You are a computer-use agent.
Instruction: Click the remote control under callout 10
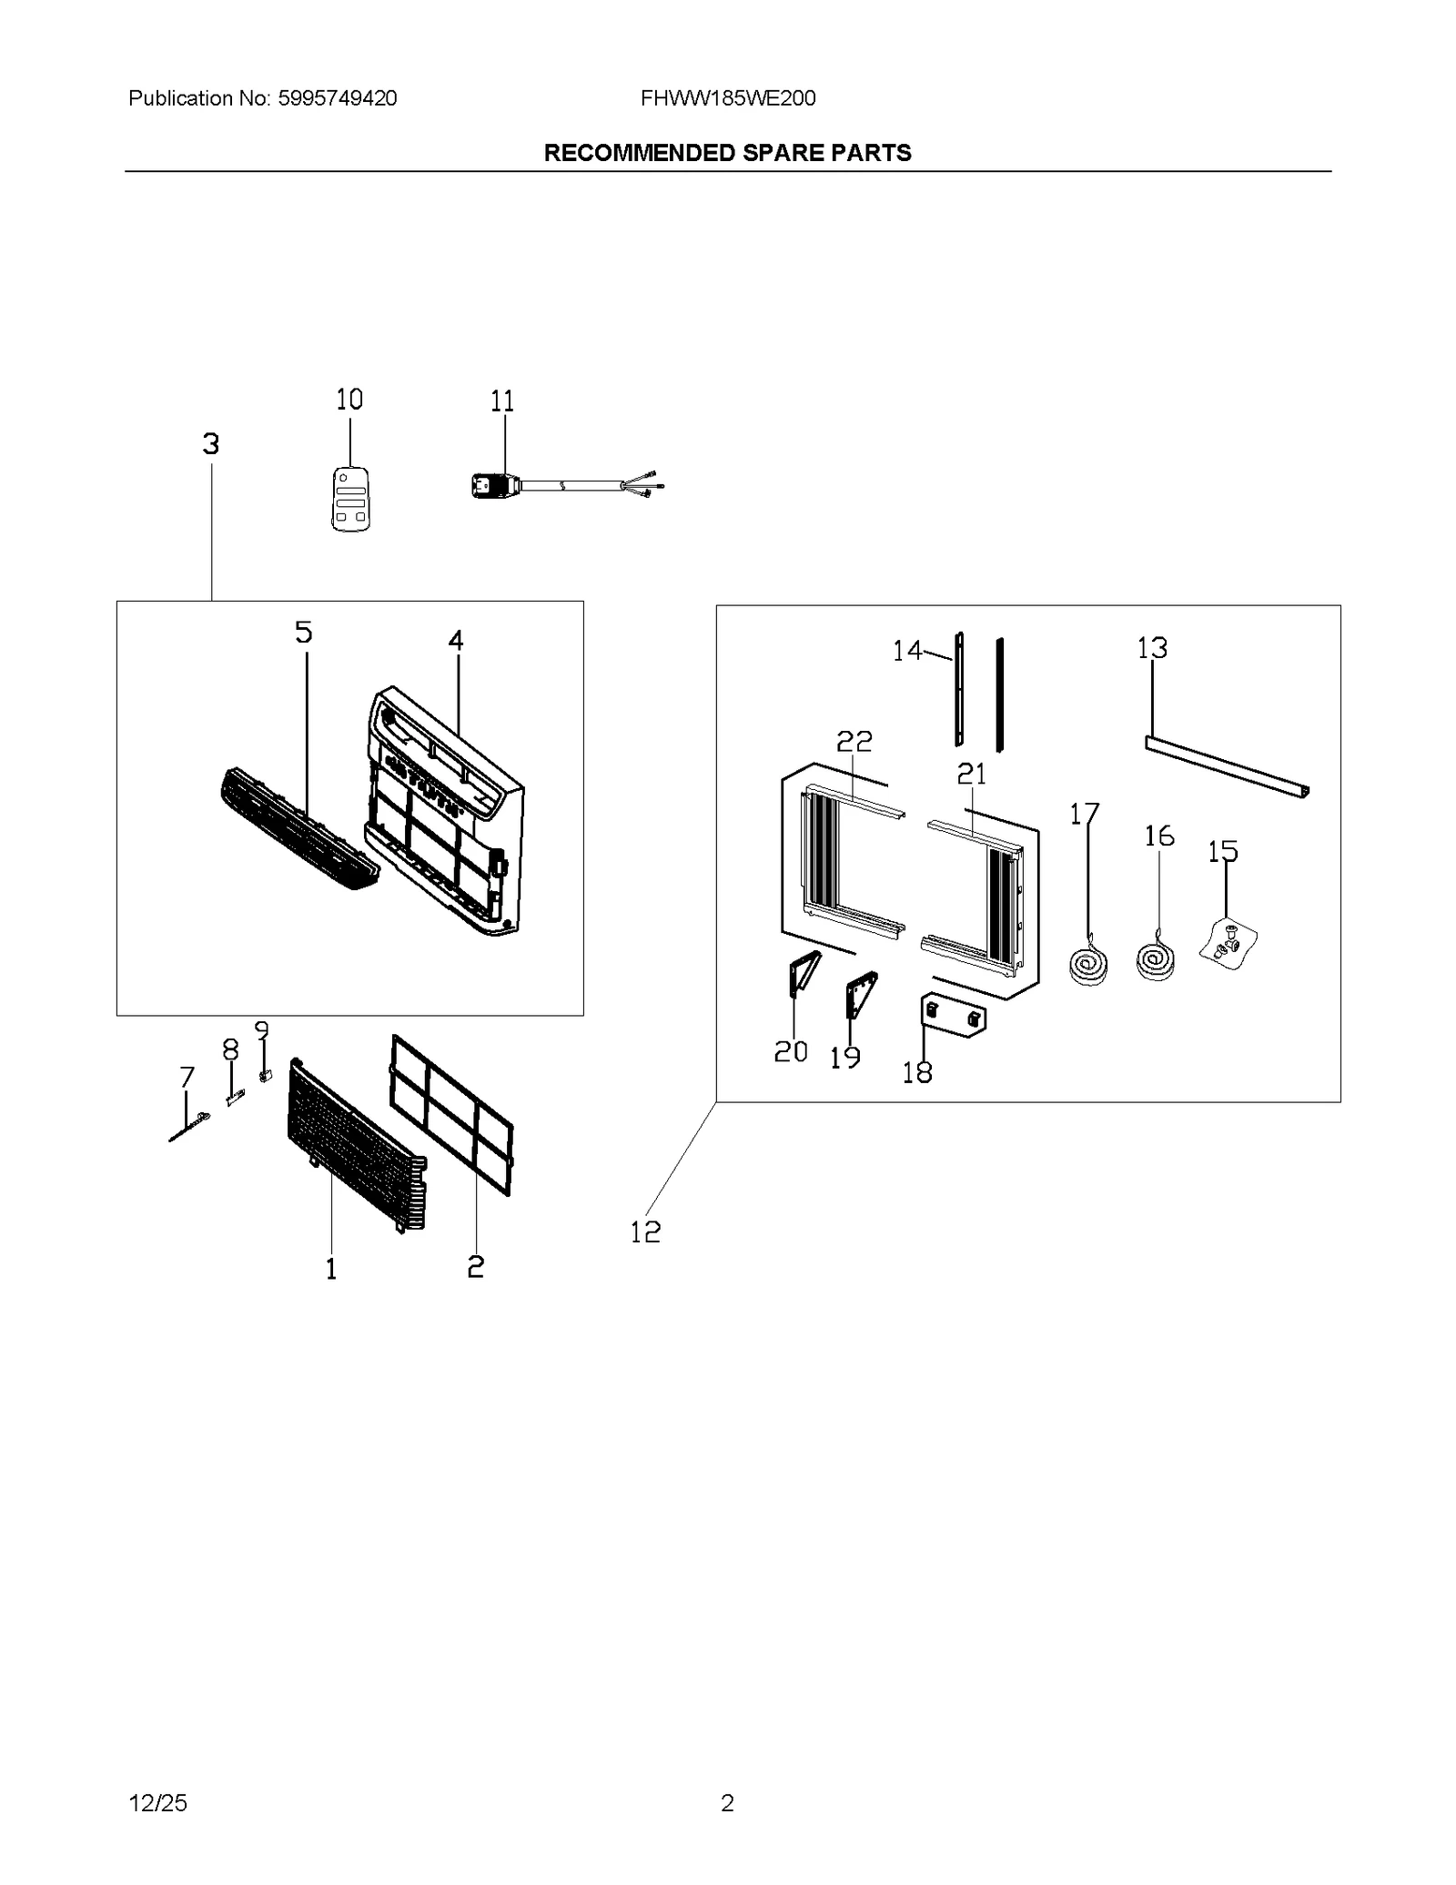coord(350,499)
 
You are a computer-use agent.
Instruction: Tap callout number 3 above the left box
coord(211,444)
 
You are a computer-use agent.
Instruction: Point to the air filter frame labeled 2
coord(451,1114)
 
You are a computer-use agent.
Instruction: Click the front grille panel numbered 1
coord(355,1146)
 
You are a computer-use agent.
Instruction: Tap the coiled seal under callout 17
coord(1088,965)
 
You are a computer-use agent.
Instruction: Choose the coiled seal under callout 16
coord(1156,961)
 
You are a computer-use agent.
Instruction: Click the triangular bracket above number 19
coord(860,992)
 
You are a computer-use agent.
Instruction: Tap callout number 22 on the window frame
coord(854,741)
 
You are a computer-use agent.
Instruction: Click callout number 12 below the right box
coord(645,1231)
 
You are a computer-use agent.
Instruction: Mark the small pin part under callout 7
coord(188,1127)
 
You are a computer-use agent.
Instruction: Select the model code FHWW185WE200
coord(727,98)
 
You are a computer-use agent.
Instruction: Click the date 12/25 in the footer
coord(158,1802)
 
